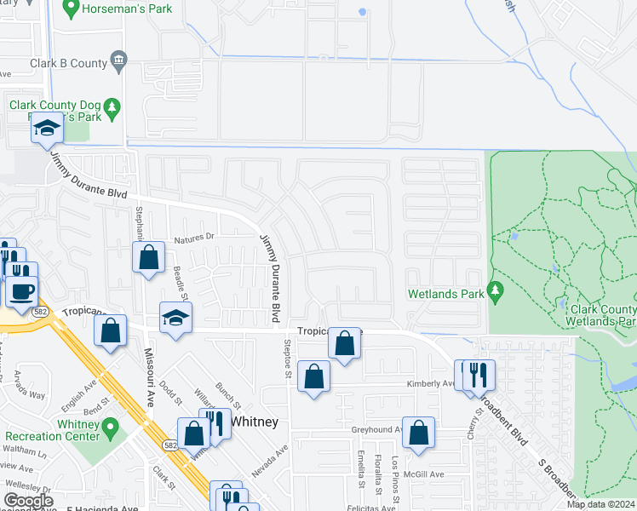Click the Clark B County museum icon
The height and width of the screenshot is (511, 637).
click(118, 61)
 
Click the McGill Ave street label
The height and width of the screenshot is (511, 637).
click(424, 474)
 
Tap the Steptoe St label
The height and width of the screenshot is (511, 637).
click(288, 358)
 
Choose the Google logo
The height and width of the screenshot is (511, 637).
click(28, 501)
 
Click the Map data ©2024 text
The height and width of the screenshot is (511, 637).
click(600, 504)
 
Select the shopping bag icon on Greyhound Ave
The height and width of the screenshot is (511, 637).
click(418, 433)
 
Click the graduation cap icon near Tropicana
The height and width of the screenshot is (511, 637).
click(176, 319)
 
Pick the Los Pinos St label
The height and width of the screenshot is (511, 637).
click(395, 474)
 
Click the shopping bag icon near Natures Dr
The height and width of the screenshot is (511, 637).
click(149, 256)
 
